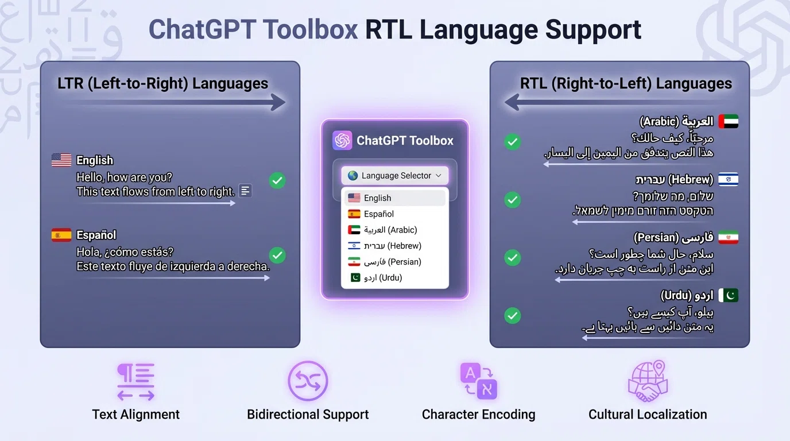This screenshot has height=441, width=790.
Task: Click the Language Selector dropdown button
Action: (395, 176)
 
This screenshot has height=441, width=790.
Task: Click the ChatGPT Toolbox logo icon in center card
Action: (342, 141)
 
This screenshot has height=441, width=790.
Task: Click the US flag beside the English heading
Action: (61, 160)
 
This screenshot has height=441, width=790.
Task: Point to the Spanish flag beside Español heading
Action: (61, 235)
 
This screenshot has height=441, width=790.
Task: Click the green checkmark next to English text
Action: (277, 180)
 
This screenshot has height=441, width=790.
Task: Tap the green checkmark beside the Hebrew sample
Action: (512, 200)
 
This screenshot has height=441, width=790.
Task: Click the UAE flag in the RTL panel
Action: (728, 121)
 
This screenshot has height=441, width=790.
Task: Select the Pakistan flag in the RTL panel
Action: (728, 295)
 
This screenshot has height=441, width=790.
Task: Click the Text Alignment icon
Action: (135, 382)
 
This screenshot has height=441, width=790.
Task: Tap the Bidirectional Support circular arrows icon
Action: (308, 381)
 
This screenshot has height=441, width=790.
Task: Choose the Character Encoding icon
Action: (478, 381)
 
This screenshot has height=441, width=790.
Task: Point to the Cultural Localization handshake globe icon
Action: (648, 381)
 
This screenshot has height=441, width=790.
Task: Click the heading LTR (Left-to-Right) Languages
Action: (163, 84)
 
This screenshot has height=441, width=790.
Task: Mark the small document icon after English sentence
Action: (245, 191)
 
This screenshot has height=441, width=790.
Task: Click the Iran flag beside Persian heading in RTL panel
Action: (728, 237)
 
